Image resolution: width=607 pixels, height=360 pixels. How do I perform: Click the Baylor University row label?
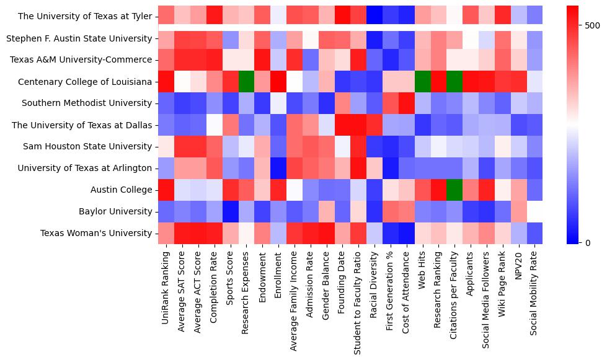click(x=115, y=211)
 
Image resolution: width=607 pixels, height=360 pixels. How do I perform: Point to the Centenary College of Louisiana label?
click(x=85, y=81)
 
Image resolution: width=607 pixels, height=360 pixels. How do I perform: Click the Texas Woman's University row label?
click(x=96, y=233)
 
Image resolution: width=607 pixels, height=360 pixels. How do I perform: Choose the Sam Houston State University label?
click(x=87, y=146)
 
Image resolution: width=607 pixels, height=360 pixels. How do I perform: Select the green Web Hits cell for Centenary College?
click(x=423, y=81)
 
